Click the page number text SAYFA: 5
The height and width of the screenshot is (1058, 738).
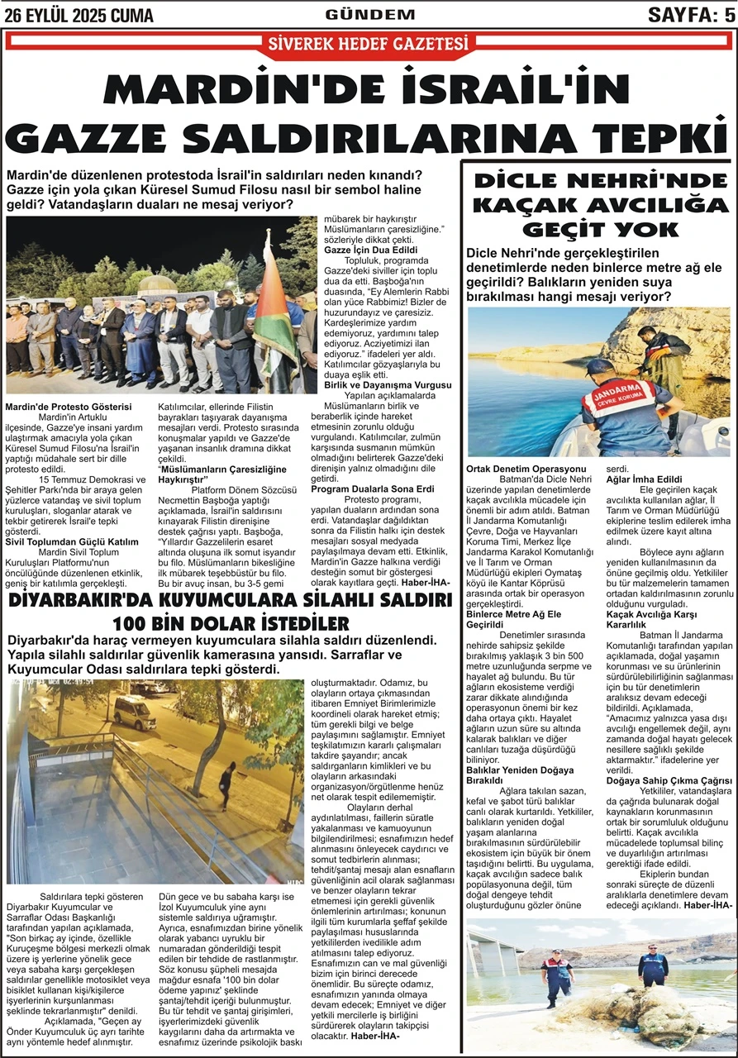(x=690, y=14)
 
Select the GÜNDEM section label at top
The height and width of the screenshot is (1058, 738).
(x=369, y=14)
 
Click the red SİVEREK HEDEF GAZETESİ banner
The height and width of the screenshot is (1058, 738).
(x=369, y=44)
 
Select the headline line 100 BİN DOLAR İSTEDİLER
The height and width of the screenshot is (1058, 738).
(x=231, y=622)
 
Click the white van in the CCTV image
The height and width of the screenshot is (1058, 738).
(x=135, y=712)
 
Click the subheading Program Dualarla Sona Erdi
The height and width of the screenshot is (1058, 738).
(x=372, y=489)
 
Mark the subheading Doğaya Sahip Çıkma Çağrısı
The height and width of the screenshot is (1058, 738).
(x=669, y=780)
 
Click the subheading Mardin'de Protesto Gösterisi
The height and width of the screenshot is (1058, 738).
(x=69, y=407)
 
